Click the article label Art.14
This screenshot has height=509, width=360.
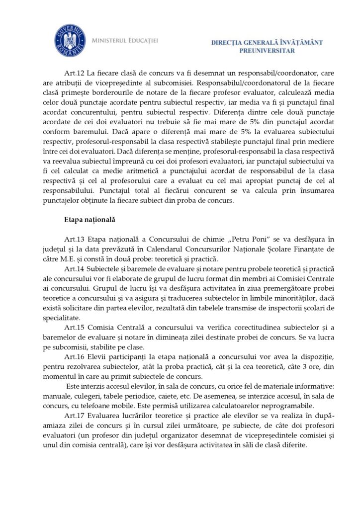pos(75,268)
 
